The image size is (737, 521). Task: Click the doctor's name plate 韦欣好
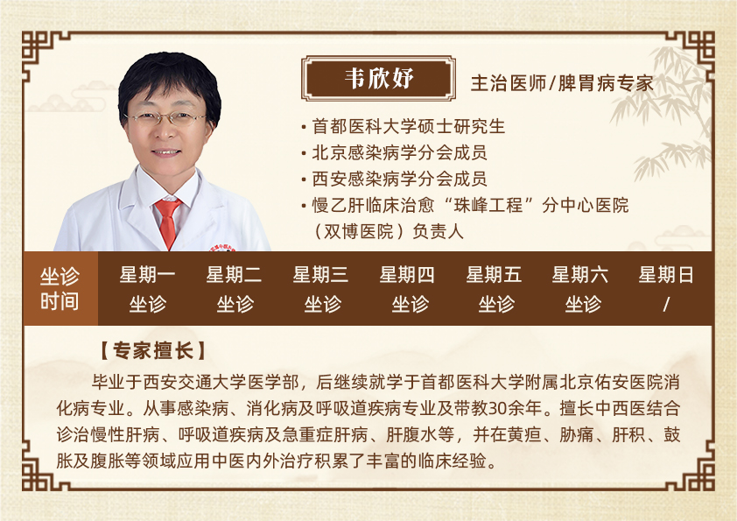(x=378, y=78)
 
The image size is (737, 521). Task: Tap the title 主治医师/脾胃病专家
(x=562, y=83)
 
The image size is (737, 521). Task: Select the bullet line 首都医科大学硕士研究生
(x=409, y=126)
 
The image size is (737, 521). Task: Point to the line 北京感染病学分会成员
(x=399, y=152)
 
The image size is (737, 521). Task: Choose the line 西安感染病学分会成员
(x=399, y=179)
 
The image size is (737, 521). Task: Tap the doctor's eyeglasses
(x=165, y=118)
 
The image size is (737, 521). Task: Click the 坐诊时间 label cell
(x=60, y=289)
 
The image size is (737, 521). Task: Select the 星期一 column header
(x=148, y=275)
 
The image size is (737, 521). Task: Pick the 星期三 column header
(x=320, y=275)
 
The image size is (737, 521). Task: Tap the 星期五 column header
(x=494, y=275)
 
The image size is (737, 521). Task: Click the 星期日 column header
(x=666, y=275)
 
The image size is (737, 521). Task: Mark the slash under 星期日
(x=666, y=304)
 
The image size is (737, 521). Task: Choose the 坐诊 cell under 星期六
(x=583, y=304)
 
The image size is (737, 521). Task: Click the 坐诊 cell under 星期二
(x=235, y=304)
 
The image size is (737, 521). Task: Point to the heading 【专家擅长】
(x=153, y=351)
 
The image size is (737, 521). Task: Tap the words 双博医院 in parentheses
(x=359, y=231)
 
